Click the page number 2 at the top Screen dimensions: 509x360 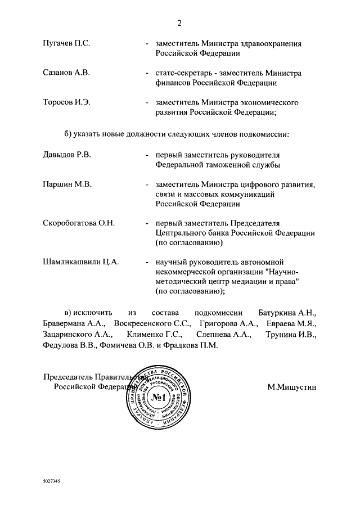[x=179, y=23]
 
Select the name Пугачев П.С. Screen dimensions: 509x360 [x=66, y=43]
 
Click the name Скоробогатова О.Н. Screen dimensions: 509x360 [x=79, y=223]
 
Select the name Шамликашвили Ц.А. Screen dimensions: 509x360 [x=80, y=262]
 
